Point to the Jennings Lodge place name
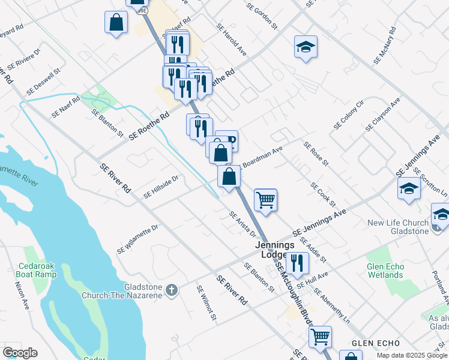[x=275, y=250]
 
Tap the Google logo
[x=20, y=353]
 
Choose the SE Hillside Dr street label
[x=161, y=187]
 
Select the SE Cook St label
[x=322, y=196]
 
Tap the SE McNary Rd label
[x=385, y=46]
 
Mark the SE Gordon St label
[x=262, y=15]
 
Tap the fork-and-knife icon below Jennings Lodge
[x=297, y=262]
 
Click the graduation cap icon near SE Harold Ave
[x=306, y=47]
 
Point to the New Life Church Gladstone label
[x=398, y=227]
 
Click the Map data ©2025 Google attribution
[x=411, y=355]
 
